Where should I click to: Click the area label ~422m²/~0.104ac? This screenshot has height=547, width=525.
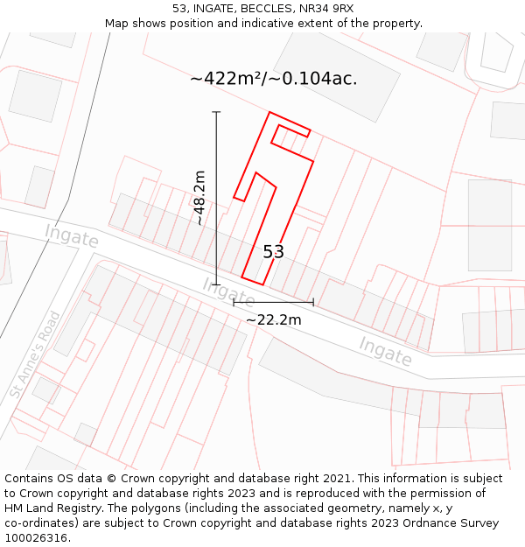pyautogui.click(x=273, y=79)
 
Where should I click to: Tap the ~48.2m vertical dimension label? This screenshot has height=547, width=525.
pyautogui.click(x=200, y=198)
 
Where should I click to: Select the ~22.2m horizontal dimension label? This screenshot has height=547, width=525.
pyautogui.click(x=273, y=320)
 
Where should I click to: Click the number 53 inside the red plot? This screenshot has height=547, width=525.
pyautogui.click(x=273, y=252)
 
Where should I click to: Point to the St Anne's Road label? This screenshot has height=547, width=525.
pyautogui.click(x=36, y=354)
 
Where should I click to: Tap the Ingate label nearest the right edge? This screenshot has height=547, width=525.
pyautogui.click(x=385, y=351)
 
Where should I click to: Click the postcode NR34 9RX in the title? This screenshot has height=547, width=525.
pyautogui.click(x=325, y=9)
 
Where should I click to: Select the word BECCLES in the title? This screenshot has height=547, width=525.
pyautogui.click(x=269, y=9)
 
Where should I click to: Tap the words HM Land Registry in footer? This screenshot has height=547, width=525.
pyautogui.click(x=50, y=508)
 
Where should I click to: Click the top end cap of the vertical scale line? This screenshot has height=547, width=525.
pyautogui.click(x=216, y=112)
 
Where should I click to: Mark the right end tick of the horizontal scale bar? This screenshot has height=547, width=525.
pyautogui.click(x=313, y=303)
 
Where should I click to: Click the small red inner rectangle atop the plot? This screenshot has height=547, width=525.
pyautogui.click(x=291, y=136)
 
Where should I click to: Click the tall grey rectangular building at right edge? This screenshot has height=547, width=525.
pyautogui.click(x=490, y=224)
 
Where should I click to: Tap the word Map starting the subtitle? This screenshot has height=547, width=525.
pyautogui.click(x=116, y=24)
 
